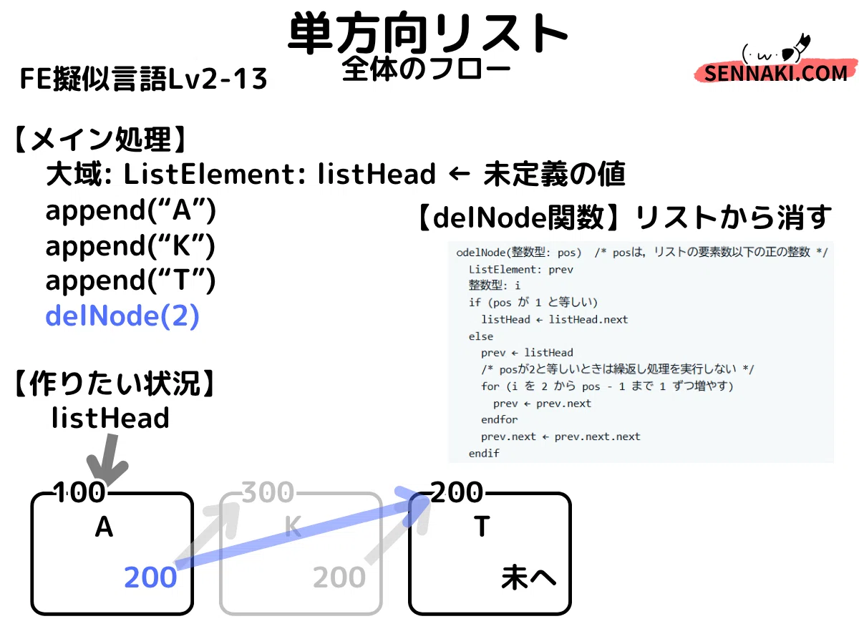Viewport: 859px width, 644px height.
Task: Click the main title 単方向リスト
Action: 427,33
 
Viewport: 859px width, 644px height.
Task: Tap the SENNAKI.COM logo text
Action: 775,74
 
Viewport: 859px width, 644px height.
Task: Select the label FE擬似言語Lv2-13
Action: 143,79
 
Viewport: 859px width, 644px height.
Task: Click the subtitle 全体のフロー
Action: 426,69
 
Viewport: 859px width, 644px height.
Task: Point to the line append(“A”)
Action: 131,211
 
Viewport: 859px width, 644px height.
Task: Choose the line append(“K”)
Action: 131,246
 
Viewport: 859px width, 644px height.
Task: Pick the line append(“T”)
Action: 131,280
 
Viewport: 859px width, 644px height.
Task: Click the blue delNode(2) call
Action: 122,316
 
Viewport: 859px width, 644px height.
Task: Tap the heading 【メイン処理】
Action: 100,140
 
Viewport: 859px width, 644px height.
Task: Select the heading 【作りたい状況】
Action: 115,384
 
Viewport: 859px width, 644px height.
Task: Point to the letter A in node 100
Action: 104,527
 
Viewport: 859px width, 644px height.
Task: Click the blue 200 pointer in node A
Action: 150,577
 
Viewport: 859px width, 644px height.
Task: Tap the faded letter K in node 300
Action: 293,527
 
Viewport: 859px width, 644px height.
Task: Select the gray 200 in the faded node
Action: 339,577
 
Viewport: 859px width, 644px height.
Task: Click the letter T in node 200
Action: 482,527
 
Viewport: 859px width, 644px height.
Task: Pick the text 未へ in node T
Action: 528,577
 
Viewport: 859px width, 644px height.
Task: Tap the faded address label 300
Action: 268,492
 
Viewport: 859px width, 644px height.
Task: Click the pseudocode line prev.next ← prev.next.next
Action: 560,436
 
